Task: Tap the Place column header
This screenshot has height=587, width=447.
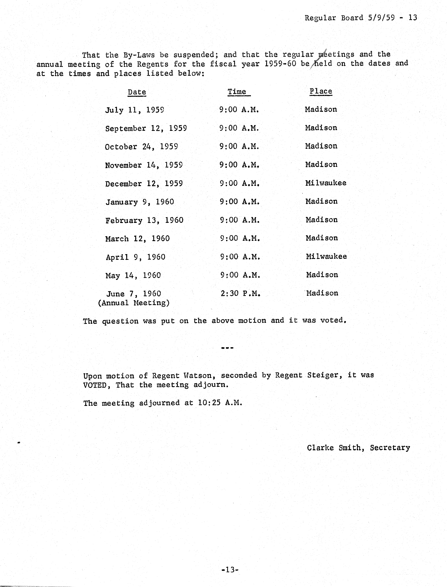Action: click(321, 91)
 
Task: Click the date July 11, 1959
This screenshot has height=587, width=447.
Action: click(135, 110)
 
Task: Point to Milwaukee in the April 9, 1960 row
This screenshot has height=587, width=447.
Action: click(326, 256)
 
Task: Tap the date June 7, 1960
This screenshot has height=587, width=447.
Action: click(134, 294)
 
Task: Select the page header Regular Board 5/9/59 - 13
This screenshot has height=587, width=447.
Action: click(361, 18)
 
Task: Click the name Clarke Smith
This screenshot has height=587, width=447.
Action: click(334, 448)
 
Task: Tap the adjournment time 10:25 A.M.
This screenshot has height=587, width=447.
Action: click(220, 403)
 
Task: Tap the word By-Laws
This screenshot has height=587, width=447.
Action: click(139, 55)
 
